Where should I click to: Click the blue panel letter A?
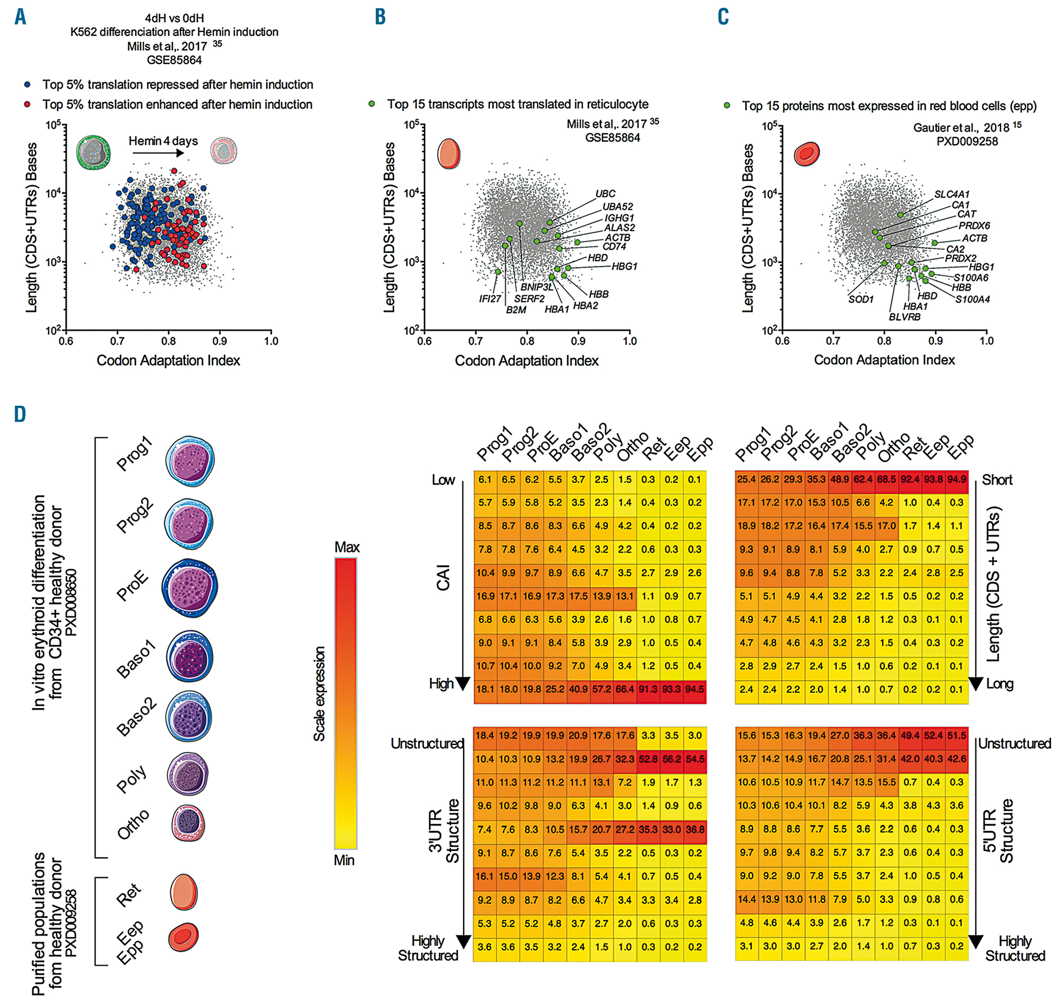click(20, 16)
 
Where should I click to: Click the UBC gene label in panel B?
click(605, 194)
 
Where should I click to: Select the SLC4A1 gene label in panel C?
click(952, 194)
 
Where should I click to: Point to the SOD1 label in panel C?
click(860, 299)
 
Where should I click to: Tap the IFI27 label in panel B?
click(490, 299)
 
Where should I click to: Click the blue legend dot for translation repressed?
click(28, 85)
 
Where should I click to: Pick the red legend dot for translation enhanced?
click(28, 104)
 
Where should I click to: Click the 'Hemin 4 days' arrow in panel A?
click(158, 153)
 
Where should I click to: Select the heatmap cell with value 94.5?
click(694, 689)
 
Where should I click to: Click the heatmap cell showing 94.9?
click(956, 479)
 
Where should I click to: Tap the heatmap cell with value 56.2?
click(672, 759)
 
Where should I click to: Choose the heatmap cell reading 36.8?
click(694, 830)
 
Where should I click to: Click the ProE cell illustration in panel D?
click(189, 588)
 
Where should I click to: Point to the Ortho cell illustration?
click(188, 823)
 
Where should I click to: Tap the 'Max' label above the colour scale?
click(346, 548)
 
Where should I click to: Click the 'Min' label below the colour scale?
click(344, 860)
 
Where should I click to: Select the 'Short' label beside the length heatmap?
click(997, 480)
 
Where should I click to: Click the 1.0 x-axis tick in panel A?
click(271, 341)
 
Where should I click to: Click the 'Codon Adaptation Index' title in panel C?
click(884, 360)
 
